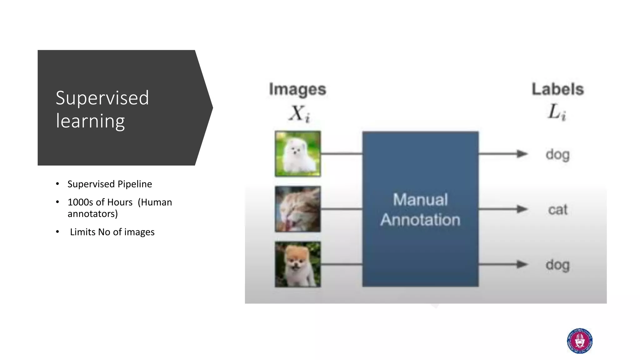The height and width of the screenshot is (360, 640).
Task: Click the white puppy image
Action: (x=297, y=154)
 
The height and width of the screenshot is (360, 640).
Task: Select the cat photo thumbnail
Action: (x=297, y=209)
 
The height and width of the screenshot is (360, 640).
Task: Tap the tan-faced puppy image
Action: (x=297, y=264)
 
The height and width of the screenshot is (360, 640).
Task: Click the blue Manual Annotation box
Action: (x=420, y=209)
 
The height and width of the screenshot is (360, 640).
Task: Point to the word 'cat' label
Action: (x=558, y=209)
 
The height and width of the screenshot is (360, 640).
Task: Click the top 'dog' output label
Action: (x=558, y=155)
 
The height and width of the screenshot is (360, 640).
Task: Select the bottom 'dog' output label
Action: (x=558, y=265)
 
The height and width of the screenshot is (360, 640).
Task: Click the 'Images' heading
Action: (x=297, y=90)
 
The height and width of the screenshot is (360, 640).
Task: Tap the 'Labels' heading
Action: (x=558, y=89)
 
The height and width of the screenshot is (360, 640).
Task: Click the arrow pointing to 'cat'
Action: (x=503, y=209)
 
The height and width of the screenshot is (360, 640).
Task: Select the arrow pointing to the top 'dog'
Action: (x=503, y=154)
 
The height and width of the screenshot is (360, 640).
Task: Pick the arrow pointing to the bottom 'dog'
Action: (x=503, y=264)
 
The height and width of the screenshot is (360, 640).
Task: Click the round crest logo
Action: (x=580, y=341)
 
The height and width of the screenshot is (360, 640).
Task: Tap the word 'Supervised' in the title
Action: (x=102, y=98)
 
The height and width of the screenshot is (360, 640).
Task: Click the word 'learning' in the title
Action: (x=90, y=121)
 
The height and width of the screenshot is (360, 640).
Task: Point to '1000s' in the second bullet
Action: (x=80, y=202)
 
